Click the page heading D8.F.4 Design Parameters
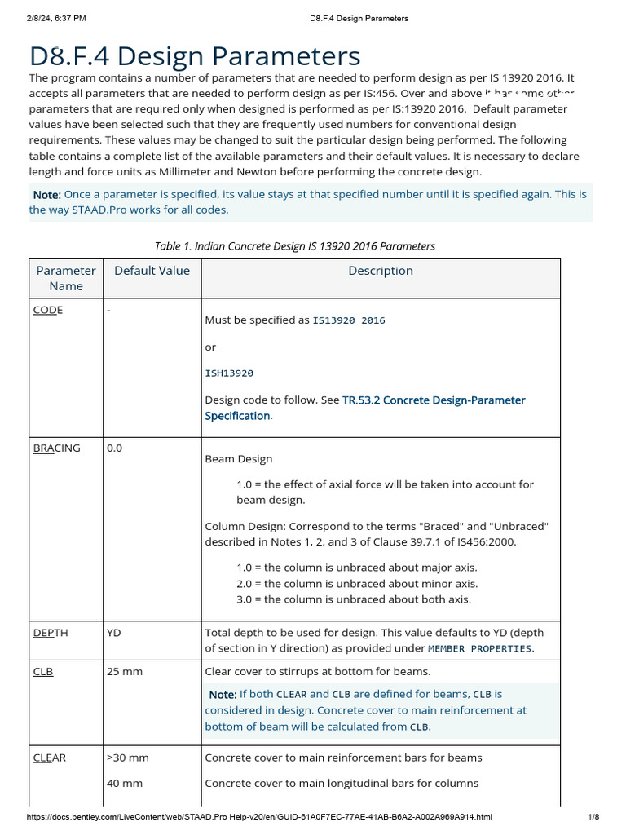click(x=195, y=56)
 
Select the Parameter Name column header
click(x=66, y=278)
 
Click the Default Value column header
click(x=152, y=271)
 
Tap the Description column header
click(x=381, y=271)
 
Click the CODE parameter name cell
click(x=47, y=310)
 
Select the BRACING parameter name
click(x=56, y=448)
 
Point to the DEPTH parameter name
click(x=51, y=632)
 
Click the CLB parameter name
click(x=43, y=671)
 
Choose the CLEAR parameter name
click(x=50, y=758)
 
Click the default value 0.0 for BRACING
click(x=115, y=448)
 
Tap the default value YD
click(x=114, y=632)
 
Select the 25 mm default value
click(x=125, y=671)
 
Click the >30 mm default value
click(x=128, y=758)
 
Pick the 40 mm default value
click(x=125, y=783)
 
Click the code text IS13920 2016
click(x=348, y=320)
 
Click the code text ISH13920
click(x=229, y=373)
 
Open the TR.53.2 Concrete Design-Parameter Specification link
click(x=364, y=408)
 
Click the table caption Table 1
click(x=294, y=246)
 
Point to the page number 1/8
click(x=593, y=817)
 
